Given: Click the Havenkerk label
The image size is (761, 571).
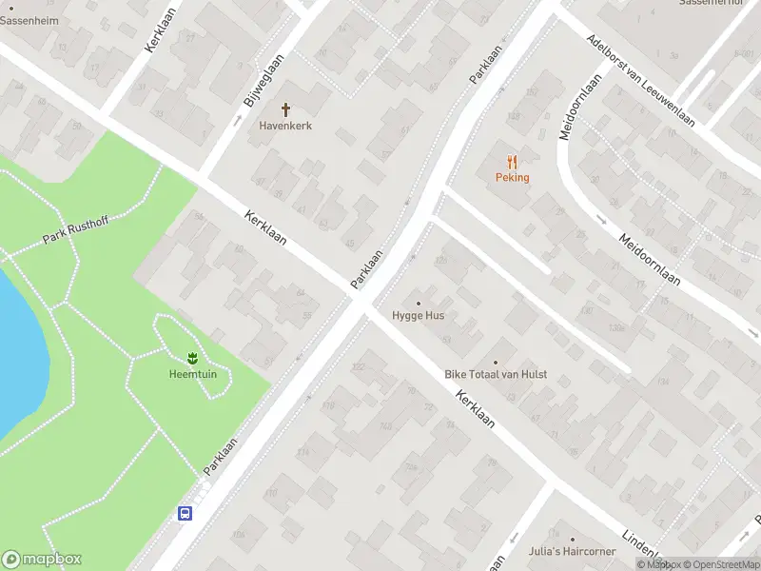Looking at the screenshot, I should coord(285,126).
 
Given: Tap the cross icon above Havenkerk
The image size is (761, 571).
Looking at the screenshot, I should coord(285,110).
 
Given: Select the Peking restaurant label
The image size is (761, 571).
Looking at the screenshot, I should coord(512,177).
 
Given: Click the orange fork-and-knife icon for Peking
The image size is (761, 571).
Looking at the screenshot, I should coord(512,162).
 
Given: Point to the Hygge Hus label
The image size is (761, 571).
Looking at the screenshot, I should coord(418,315).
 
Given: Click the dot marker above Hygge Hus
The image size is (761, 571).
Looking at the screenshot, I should coord(418,303).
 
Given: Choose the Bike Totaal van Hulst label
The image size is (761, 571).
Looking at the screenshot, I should coord(496,375).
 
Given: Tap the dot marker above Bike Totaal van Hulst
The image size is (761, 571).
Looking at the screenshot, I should coord(496,363).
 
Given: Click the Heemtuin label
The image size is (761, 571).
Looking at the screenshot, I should coord(191,372).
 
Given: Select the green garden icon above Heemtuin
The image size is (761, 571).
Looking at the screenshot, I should coord(191,358).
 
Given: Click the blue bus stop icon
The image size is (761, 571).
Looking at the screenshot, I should coord(185,514).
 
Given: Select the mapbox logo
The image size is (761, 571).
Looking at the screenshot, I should coord(42,560).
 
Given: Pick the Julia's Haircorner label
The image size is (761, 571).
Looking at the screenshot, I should coord(572,551).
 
